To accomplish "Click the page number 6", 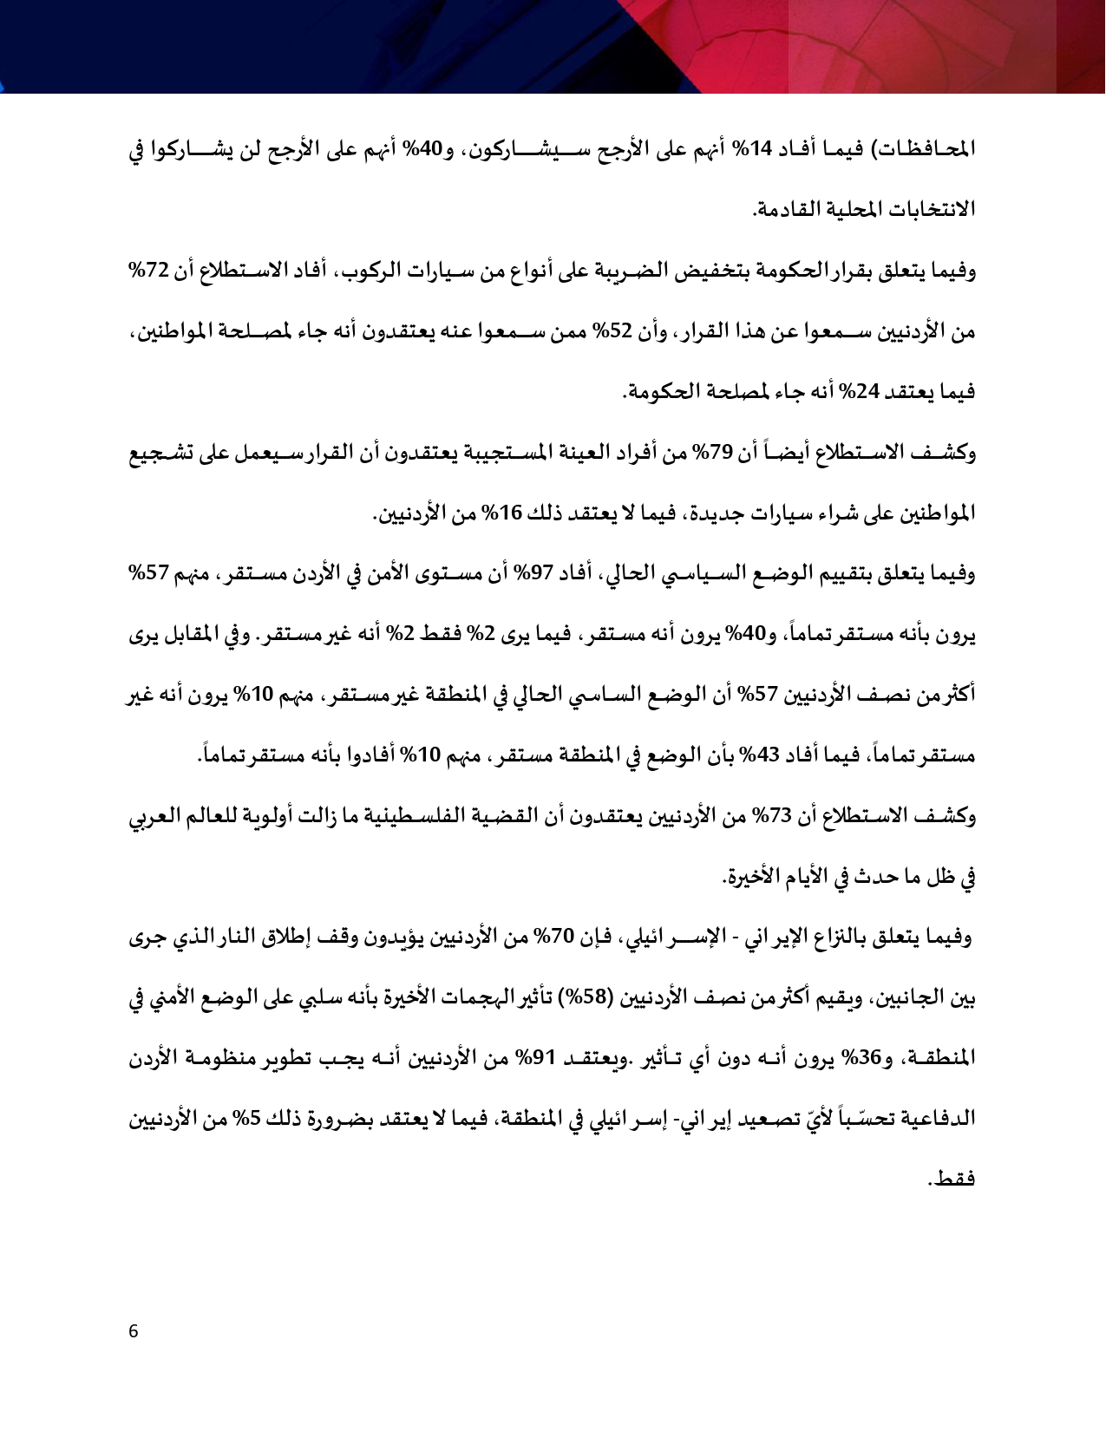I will (x=133, y=1331).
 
